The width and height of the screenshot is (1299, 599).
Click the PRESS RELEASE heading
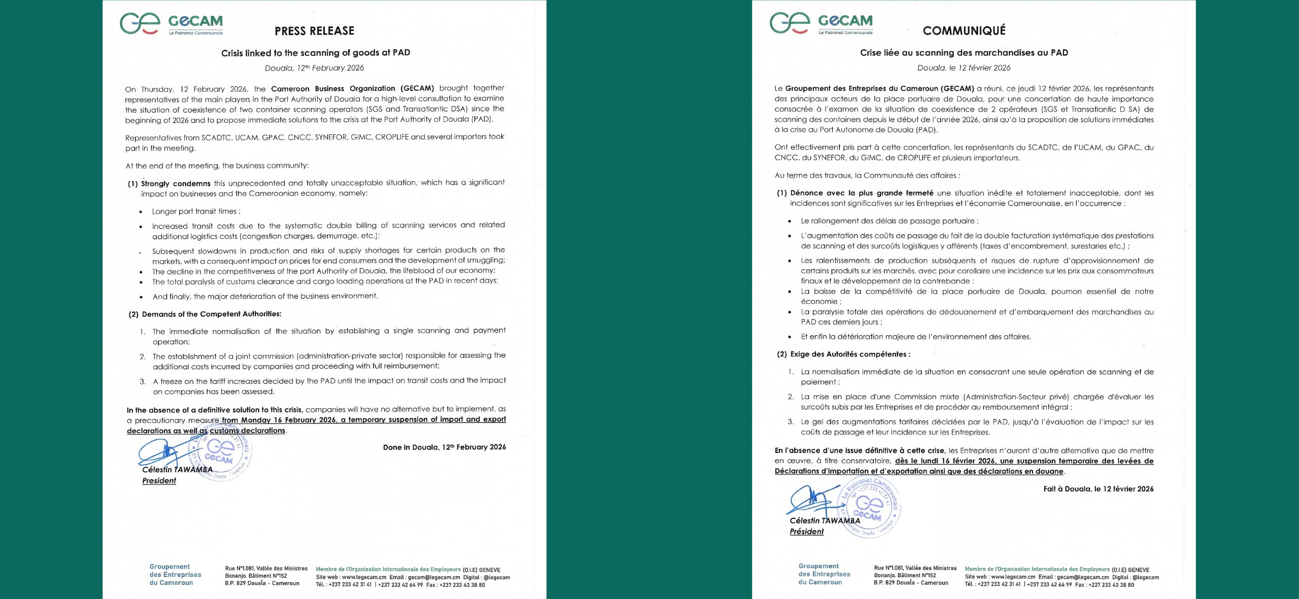point(314,31)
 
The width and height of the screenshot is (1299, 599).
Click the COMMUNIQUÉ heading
point(964,30)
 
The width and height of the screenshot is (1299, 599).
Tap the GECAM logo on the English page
point(172,24)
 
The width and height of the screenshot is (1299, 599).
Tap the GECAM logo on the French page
point(821,23)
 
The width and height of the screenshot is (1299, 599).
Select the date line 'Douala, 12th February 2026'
point(314,68)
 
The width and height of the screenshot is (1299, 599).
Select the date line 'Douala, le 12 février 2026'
point(964,68)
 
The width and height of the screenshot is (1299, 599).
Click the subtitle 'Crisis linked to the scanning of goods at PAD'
point(315,53)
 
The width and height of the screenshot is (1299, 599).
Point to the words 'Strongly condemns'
point(176,184)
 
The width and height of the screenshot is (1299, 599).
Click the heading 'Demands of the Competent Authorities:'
point(211,314)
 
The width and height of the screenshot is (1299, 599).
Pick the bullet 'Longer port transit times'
point(196,212)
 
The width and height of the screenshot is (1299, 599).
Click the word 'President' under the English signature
point(159,481)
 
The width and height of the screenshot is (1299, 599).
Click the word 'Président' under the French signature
point(806,532)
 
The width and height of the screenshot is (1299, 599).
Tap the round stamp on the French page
point(870,506)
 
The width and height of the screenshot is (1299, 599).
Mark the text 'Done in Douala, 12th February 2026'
point(444,447)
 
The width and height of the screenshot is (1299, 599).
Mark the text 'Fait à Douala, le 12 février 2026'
point(1098,489)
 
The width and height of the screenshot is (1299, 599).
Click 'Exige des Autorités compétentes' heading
point(850,354)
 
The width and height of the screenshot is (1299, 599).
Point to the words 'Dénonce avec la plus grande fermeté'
point(862,193)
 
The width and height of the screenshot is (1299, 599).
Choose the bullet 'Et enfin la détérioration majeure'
point(915,337)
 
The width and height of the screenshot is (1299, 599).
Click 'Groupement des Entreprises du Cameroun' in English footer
point(175,575)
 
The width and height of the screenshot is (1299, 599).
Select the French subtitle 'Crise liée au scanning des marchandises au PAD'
point(964,53)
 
